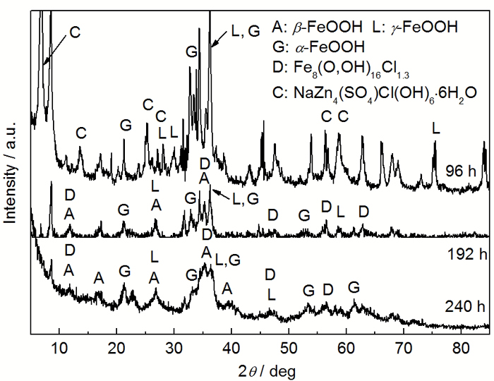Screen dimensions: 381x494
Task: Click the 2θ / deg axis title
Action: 258,370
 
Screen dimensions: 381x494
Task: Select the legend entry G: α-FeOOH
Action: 318,47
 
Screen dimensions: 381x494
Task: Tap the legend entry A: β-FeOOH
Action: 317,28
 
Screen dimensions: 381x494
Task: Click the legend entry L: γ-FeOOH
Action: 415,28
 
